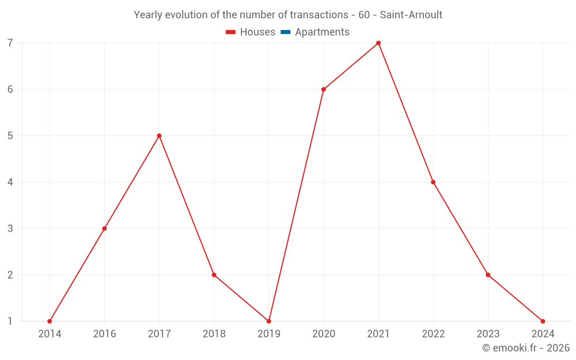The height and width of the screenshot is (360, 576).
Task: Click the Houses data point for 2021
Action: pos(378,43)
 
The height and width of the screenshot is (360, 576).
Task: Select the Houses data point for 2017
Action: pos(159,136)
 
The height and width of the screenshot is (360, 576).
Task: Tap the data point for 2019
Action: pos(269,321)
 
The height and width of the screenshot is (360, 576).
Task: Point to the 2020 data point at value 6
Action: pos(324,89)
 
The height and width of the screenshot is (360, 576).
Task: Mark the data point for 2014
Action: pos(50,321)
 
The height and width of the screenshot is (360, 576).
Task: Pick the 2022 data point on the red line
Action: pos(433,182)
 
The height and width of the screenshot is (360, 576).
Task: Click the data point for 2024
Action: pos(543,321)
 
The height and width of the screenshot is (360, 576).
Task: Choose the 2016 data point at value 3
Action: pos(104,229)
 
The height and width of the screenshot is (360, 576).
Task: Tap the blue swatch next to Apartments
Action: pos(286,32)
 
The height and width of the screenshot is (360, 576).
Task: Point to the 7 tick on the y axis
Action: pos(10,43)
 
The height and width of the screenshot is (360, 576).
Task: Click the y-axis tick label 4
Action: pos(10,183)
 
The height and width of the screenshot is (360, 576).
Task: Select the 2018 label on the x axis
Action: pos(214,334)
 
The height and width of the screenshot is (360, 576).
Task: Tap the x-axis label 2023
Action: pos(488,334)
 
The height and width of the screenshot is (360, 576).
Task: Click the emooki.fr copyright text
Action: pos(526,348)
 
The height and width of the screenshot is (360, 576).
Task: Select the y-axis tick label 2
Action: pos(10,275)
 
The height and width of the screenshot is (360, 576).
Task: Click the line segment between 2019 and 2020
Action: pos(296,206)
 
